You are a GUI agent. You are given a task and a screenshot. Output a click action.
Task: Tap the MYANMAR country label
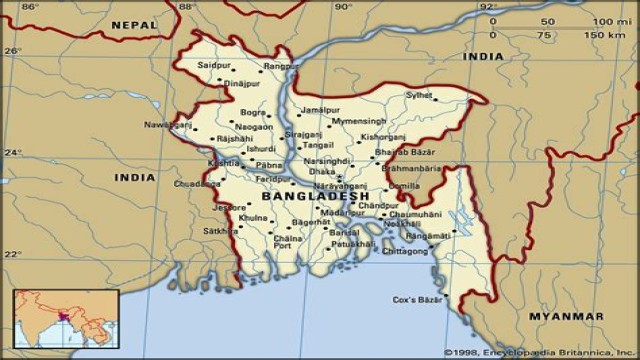click(x=566, y=316)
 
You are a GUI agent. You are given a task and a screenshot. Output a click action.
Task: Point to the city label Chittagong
click(x=403, y=251)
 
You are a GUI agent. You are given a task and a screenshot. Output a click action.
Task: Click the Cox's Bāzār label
click(x=417, y=299)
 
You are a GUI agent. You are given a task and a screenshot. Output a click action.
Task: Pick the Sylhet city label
click(x=419, y=96)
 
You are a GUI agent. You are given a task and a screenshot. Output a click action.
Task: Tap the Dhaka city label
click(x=322, y=171)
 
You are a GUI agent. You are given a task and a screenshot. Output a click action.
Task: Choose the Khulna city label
click(x=253, y=217)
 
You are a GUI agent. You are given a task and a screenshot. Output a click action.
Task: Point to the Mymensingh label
click(x=358, y=120)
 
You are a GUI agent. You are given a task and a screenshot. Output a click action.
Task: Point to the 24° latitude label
click(x=12, y=153)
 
